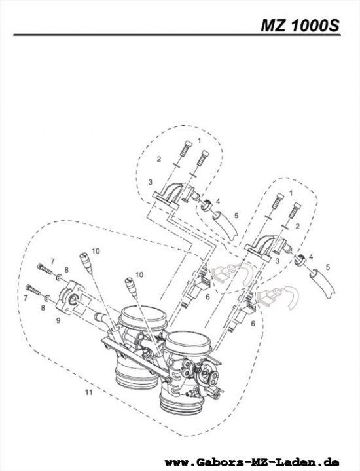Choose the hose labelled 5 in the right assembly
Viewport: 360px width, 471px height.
click(323, 280)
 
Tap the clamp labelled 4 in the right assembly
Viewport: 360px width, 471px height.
click(300, 260)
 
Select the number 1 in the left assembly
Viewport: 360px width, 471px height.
click(199, 141)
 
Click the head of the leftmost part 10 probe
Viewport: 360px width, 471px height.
click(84, 255)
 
